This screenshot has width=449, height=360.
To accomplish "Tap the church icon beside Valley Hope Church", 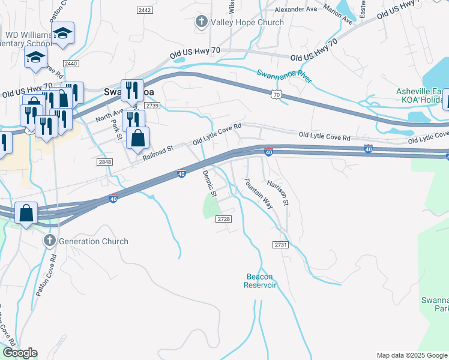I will (201, 23).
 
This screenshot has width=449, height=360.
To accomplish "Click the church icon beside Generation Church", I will (49, 241).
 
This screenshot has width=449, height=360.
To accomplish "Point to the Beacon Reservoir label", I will (259, 281).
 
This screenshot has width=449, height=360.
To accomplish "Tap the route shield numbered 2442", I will (144, 10).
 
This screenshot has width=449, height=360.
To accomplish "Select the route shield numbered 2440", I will (71, 64).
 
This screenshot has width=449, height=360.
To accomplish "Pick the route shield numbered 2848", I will (104, 162).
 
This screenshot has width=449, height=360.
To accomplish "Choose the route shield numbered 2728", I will (224, 219).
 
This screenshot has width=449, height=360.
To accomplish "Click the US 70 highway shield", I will (276, 94).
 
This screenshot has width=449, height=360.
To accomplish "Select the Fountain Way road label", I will (259, 193).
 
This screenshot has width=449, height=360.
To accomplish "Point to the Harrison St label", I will (278, 193).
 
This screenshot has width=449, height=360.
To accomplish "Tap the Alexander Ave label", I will (295, 10).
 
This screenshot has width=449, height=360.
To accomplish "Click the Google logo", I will (20, 353).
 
